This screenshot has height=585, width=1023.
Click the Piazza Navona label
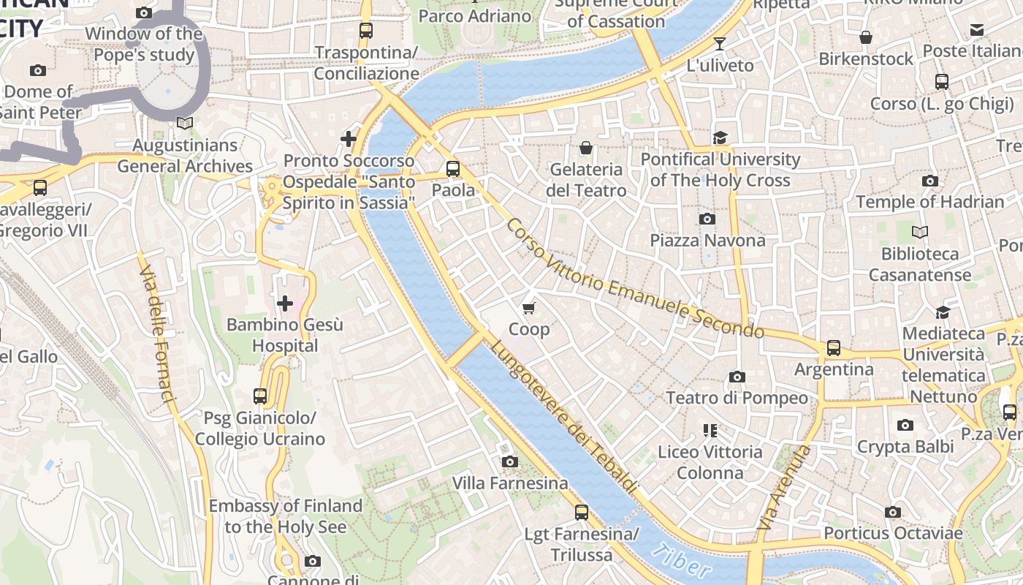(x=707, y=241)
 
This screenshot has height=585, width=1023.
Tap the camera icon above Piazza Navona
(x=707, y=219)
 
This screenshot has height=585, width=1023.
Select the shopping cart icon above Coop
(x=529, y=308)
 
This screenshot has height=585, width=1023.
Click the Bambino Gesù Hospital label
(x=284, y=335)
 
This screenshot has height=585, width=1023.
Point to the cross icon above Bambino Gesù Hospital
(x=285, y=303)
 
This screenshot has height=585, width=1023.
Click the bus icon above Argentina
(x=834, y=348)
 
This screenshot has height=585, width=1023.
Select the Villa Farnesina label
(x=510, y=483)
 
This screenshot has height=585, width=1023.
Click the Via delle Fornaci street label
(x=157, y=333)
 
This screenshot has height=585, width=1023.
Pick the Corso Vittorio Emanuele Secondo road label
(x=634, y=279)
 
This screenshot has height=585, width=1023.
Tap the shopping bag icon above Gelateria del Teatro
(x=585, y=148)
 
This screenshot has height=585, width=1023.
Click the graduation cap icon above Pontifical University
(x=720, y=138)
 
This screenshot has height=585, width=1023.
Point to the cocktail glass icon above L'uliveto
(x=720, y=44)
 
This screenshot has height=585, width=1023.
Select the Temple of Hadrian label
(x=929, y=202)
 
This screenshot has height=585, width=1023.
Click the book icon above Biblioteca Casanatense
(x=920, y=233)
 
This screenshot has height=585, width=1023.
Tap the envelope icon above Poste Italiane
(x=977, y=30)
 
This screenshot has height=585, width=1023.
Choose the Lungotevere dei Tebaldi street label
(x=564, y=417)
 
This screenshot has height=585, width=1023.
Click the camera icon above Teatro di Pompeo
(x=737, y=377)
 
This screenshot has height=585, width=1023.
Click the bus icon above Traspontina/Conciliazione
(x=366, y=31)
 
